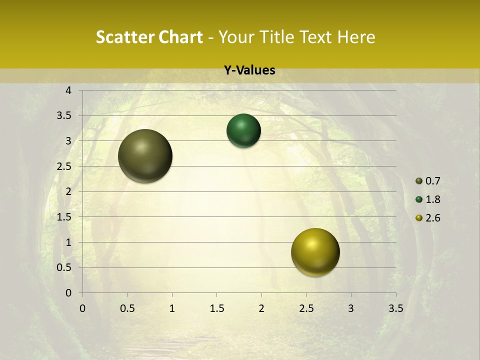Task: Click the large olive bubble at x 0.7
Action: tap(145, 156)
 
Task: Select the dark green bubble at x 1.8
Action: tap(243, 130)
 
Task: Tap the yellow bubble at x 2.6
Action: tap(315, 252)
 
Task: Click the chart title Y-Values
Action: tap(249, 70)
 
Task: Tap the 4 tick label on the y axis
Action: tap(68, 90)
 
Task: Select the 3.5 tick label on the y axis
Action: tap(64, 115)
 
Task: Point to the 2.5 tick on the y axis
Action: tap(64, 166)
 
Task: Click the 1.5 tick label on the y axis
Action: tap(64, 217)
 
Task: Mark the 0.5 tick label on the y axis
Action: tap(64, 267)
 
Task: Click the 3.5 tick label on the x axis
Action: tap(395, 308)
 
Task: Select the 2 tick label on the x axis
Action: tap(261, 308)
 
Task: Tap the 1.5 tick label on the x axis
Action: tap(216, 308)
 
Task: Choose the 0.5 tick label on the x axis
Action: tap(127, 308)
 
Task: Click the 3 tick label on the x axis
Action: tap(351, 308)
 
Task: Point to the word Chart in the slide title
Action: tap(180, 37)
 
